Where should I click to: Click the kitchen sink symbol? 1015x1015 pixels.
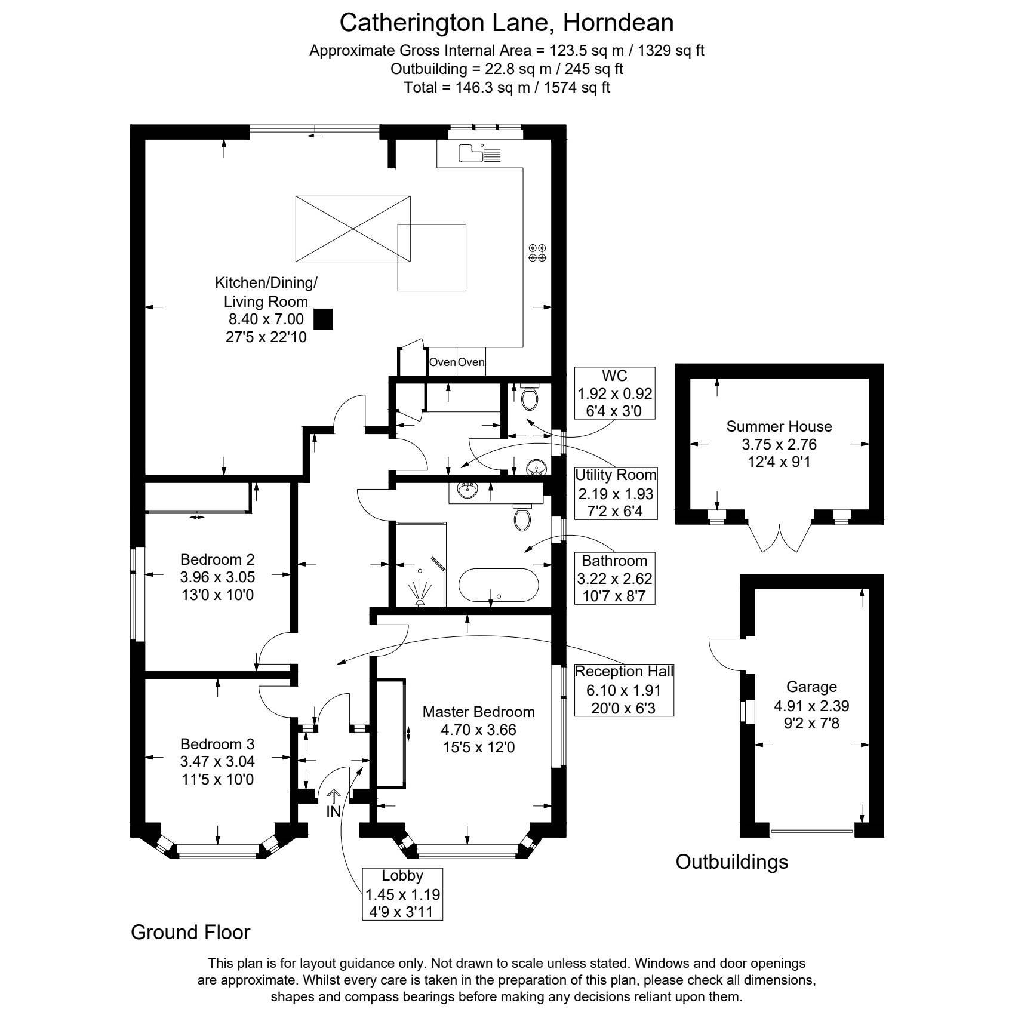click(x=480, y=153)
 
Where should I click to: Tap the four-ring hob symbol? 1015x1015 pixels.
click(x=537, y=253)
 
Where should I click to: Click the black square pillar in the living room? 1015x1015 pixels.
click(x=324, y=319)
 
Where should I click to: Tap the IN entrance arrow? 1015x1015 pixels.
click(x=333, y=804)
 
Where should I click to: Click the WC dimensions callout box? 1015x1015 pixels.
click(x=614, y=393)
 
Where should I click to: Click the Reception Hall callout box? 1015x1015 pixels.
click(x=624, y=690)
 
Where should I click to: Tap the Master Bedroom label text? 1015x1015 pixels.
click(x=478, y=712)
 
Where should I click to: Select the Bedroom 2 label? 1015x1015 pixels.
click(x=217, y=559)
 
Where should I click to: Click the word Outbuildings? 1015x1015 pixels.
click(x=732, y=862)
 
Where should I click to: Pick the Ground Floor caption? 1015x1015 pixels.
click(x=190, y=932)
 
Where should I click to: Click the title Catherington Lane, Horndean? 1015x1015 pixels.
click(x=507, y=23)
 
